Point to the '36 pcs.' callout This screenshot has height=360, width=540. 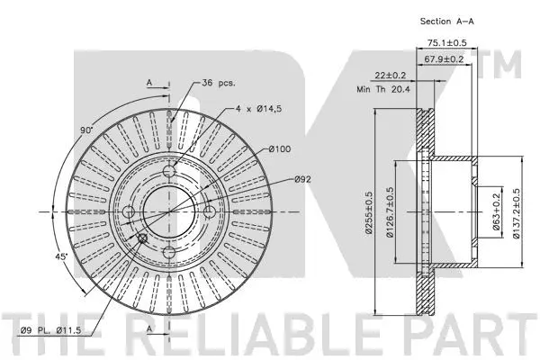[219, 82]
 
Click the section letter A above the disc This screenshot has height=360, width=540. [148, 82]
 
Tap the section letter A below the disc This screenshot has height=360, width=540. [148, 330]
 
